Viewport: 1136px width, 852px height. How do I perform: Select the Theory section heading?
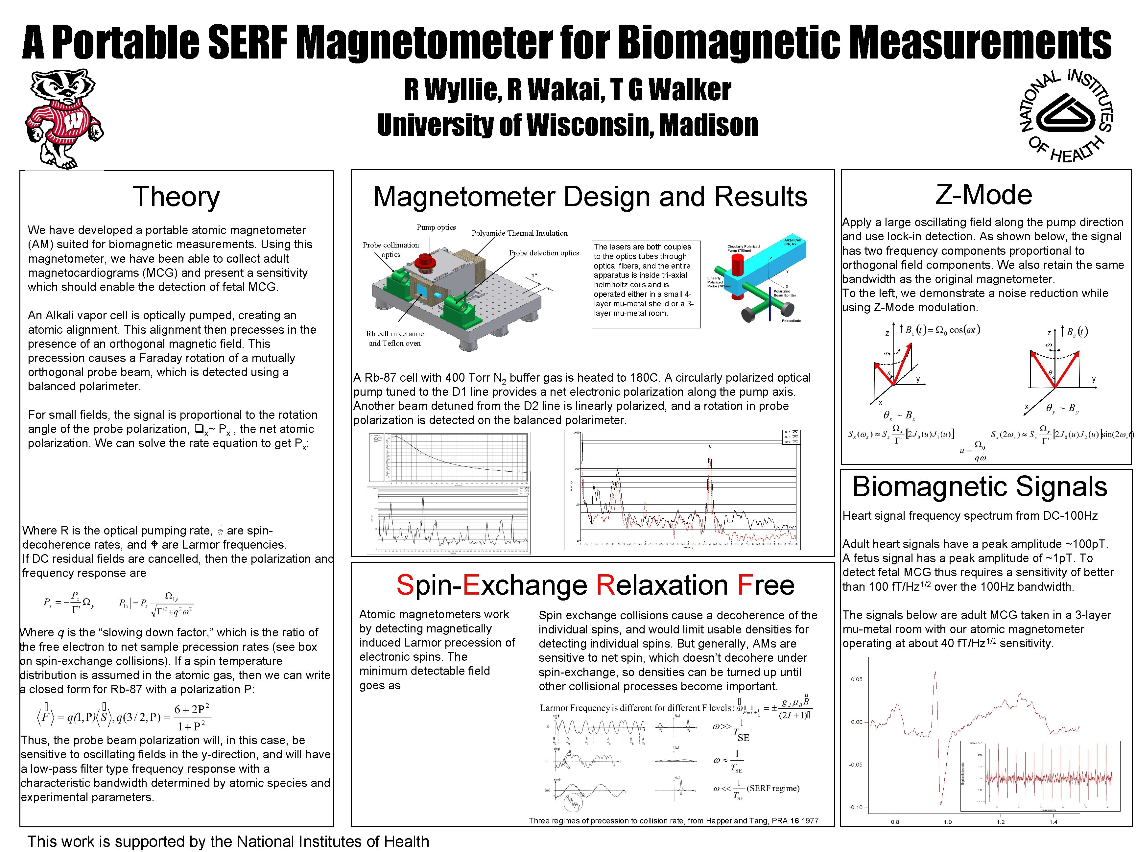pos(176,197)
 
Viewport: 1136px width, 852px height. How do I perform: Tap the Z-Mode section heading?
pos(983,195)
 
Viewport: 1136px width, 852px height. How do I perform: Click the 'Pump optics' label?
pos(436,227)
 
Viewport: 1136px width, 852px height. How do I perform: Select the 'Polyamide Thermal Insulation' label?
pos(519,233)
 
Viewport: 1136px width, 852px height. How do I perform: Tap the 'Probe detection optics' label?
pos(544,253)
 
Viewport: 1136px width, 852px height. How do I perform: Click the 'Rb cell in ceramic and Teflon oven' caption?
pos(395,339)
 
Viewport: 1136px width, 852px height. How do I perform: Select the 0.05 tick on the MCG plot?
pos(857,679)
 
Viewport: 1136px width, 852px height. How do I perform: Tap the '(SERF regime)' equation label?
pos(773,788)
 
